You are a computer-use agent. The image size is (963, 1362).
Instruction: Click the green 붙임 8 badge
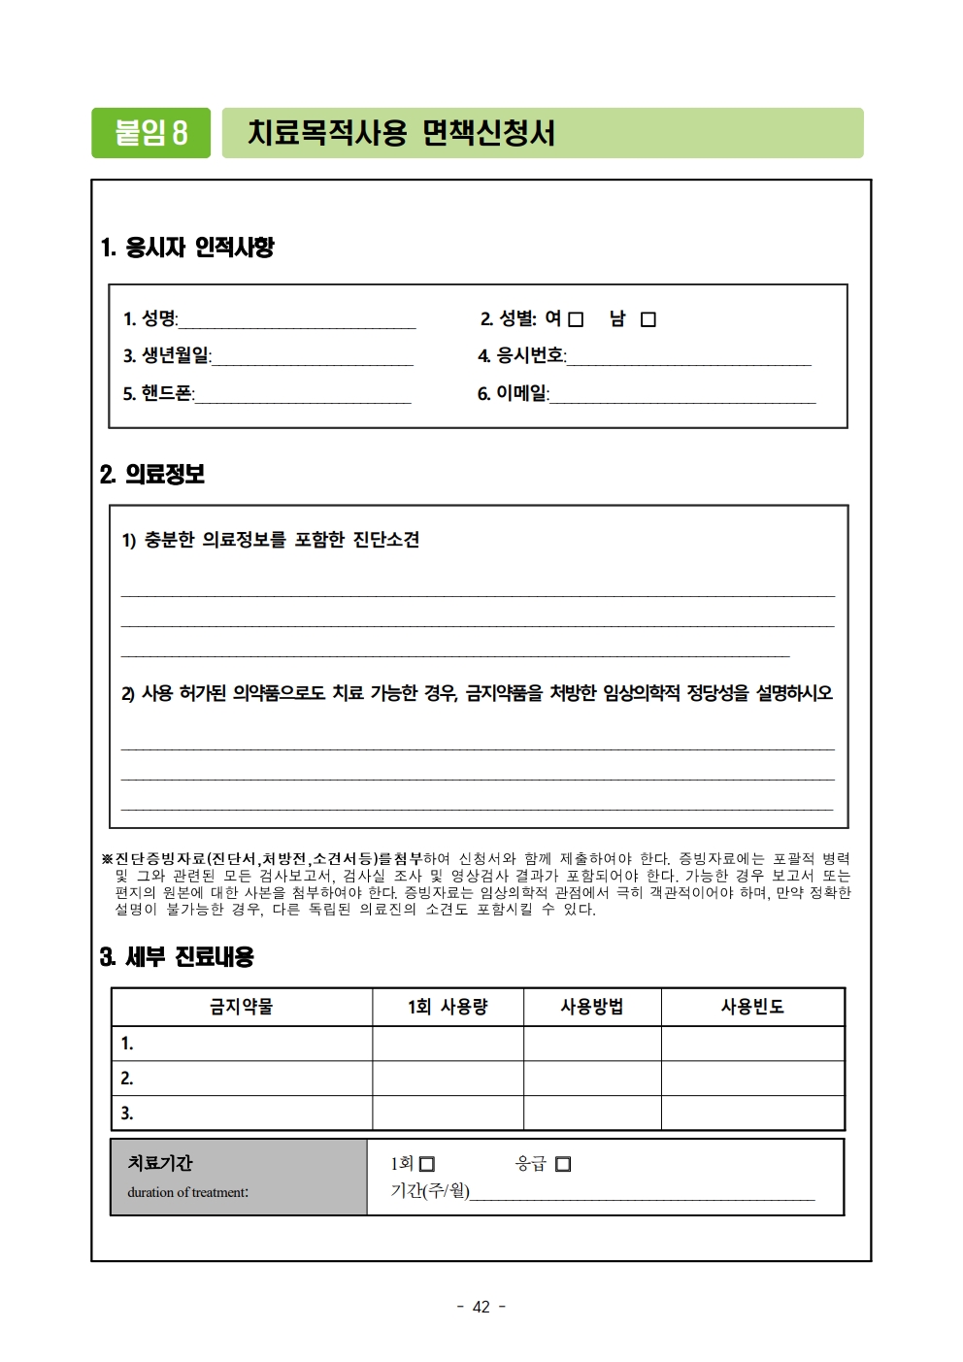(150, 133)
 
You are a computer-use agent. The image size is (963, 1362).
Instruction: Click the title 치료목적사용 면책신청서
(401, 133)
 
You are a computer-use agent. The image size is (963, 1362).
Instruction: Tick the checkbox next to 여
(576, 319)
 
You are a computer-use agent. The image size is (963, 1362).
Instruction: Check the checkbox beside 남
(648, 319)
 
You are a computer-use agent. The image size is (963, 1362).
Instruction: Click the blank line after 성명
(297, 321)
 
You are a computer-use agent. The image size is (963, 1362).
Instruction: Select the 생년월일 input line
(312, 358)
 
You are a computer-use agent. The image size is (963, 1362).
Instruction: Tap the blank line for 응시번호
(689, 358)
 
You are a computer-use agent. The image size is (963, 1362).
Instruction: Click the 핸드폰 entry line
(303, 395)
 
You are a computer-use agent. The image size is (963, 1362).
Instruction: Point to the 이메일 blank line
(682, 395)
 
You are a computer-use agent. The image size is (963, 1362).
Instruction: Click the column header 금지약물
(242, 1007)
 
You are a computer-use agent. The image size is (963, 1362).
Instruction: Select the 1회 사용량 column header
(448, 1007)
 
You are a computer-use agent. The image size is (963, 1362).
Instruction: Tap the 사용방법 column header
(592, 1007)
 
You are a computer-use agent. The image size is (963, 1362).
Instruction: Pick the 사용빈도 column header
(752, 1007)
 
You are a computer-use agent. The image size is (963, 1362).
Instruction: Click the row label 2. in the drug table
(127, 1079)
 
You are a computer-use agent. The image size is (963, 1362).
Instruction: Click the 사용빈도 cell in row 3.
(752, 1113)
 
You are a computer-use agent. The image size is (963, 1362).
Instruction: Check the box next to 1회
(427, 1164)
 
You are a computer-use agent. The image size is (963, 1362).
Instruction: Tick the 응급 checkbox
(563, 1164)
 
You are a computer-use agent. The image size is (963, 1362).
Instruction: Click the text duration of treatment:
(187, 1192)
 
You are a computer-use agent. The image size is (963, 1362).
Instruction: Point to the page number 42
(481, 1307)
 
